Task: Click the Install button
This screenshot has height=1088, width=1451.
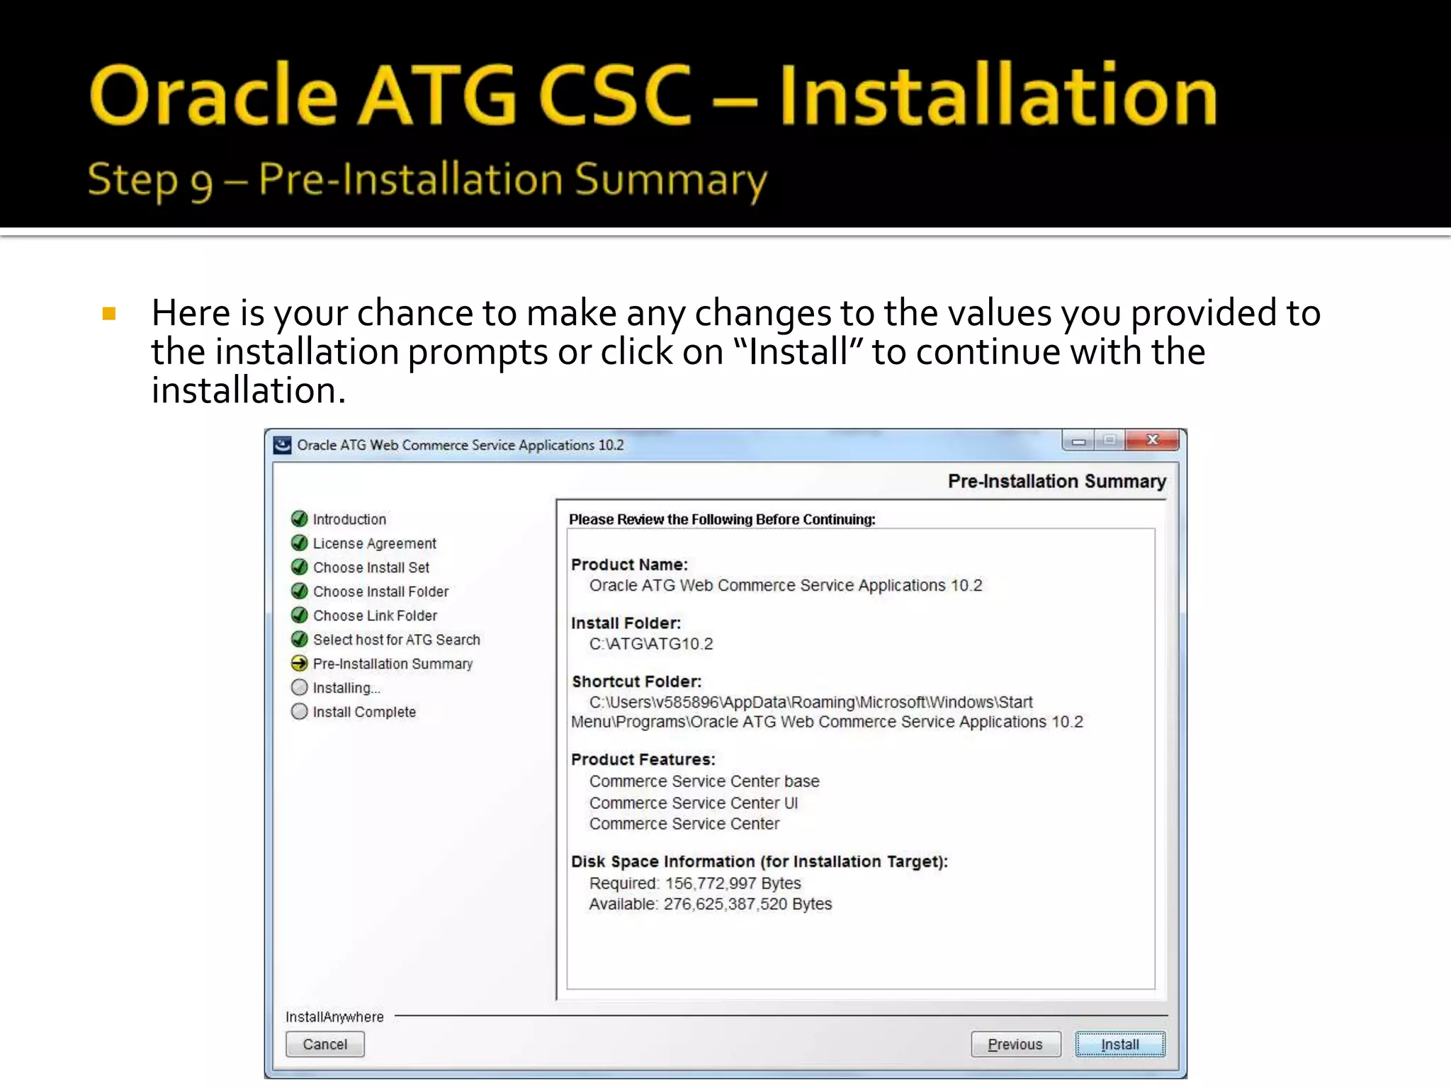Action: click(x=1119, y=1044)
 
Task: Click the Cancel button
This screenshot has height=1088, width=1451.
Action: click(x=325, y=1044)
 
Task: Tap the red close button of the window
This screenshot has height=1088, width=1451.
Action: click(x=1153, y=441)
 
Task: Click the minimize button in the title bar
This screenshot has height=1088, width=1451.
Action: click(x=1078, y=441)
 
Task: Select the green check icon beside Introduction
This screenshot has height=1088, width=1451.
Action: click(x=300, y=519)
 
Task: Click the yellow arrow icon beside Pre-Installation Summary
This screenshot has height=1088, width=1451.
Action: click(x=300, y=664)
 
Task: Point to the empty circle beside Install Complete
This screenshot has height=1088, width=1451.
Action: click(x=300, y=712)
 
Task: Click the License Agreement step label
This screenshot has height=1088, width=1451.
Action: click(x=374, y=543)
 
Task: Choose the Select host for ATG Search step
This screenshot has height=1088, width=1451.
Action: click(x=396, y=640)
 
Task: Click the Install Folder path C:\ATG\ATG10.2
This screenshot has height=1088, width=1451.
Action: click(x=651, y=644)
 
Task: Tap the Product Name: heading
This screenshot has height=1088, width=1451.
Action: click(x=629, y=565)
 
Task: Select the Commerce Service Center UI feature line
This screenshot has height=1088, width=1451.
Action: click(x=693, y=803)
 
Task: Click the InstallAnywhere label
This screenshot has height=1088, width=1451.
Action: click(x=334, y=1017)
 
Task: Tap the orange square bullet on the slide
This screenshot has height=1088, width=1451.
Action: click(x=109, y=314)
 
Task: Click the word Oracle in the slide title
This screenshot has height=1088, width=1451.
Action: click(x=213, y=96)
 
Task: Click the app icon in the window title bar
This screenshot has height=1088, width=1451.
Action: click(x=283, y=445)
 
